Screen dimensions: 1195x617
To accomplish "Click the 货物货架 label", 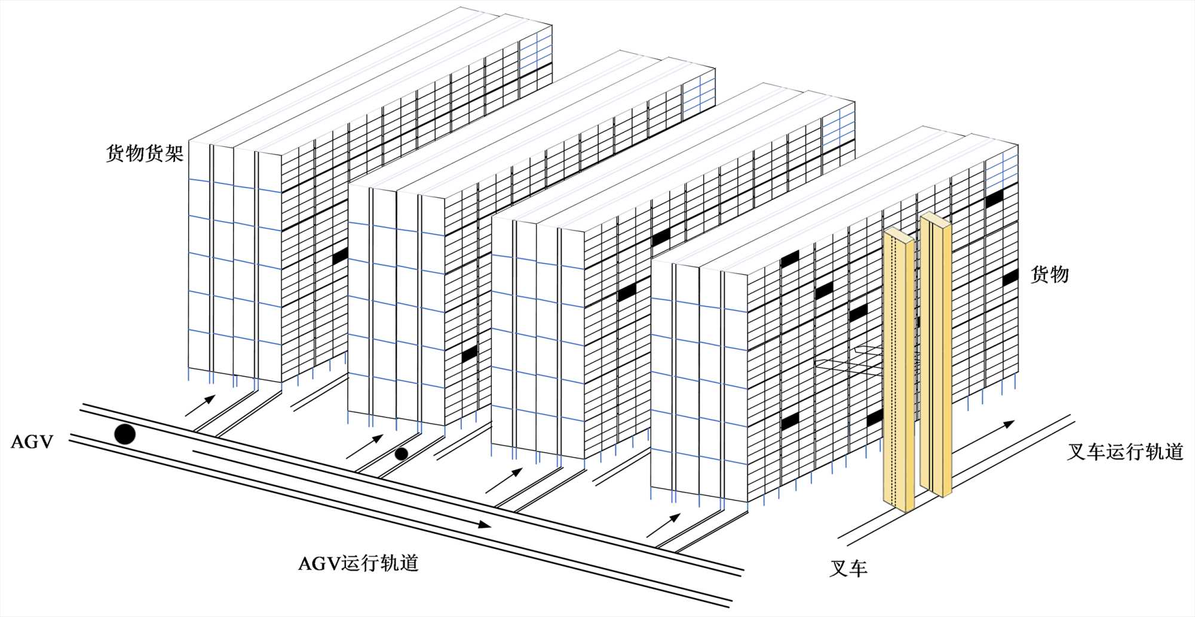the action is coord(145,154).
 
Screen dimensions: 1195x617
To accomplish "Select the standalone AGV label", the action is coord(32,442).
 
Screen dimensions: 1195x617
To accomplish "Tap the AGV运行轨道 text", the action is coord(358,563).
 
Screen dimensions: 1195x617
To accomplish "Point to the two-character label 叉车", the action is coord(848,568).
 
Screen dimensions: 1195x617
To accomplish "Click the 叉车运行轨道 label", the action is coord(1125,452).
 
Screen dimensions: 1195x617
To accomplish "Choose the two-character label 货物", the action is coord(1050,275).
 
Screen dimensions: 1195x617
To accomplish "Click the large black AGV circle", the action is coord(125,434).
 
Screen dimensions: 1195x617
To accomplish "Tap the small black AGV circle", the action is coord(402,454).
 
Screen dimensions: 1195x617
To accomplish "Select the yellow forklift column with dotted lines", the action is coord(898,370).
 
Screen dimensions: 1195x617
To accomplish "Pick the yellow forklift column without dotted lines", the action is coord(936,355).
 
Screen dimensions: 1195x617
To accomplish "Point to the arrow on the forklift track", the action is coord(983,436).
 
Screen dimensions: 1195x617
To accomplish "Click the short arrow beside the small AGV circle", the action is coord(364,447).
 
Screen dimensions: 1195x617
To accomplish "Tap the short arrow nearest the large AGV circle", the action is coord(200,406).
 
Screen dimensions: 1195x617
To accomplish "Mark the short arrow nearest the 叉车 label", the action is coord(663,525).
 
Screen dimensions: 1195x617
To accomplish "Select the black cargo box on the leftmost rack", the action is coord(341,256).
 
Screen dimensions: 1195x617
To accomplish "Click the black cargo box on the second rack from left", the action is coord(470,354).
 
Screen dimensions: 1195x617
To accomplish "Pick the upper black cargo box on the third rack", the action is coord(661,237).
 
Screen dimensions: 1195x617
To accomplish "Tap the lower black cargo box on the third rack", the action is coord(627,292).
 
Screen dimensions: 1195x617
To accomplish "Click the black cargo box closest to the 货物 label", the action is coord(1010,278).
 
